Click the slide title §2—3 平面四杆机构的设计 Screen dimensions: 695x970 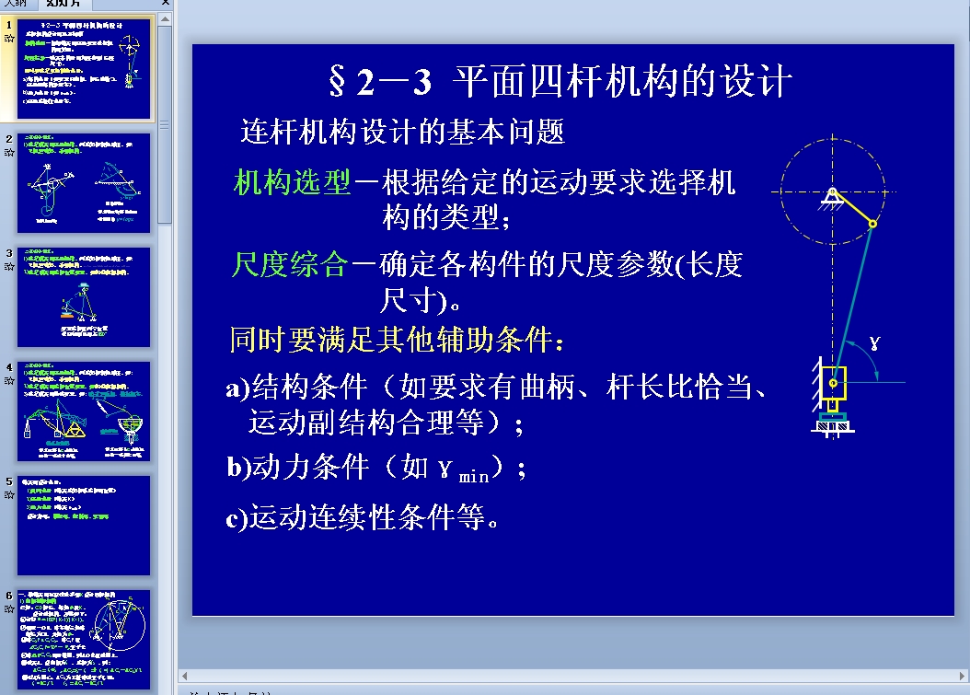click(560, 83)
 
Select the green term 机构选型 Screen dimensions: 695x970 click(293, 182)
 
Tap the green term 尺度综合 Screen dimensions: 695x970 click(290, 265)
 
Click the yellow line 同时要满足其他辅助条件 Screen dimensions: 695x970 click(397, 340)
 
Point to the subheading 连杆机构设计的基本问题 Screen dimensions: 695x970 click(402, 133)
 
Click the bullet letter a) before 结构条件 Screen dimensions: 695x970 click(237, 388)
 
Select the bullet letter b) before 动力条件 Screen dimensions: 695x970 click(238, 468)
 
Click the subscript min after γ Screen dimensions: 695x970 click(474, 476)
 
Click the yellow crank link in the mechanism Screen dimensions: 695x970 click(852, 208)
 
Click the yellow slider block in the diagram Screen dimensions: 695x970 click(834, 380)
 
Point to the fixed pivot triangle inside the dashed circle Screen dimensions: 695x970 click(831, 196)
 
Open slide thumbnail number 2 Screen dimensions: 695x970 click(84, 183)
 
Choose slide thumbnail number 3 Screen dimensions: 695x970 click(84, 297)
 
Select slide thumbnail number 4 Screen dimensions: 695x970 click(84, 411)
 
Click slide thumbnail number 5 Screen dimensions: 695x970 click(84, 526)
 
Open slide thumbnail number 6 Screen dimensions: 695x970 click(84, 639)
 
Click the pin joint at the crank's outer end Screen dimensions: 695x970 click(872, 223)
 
